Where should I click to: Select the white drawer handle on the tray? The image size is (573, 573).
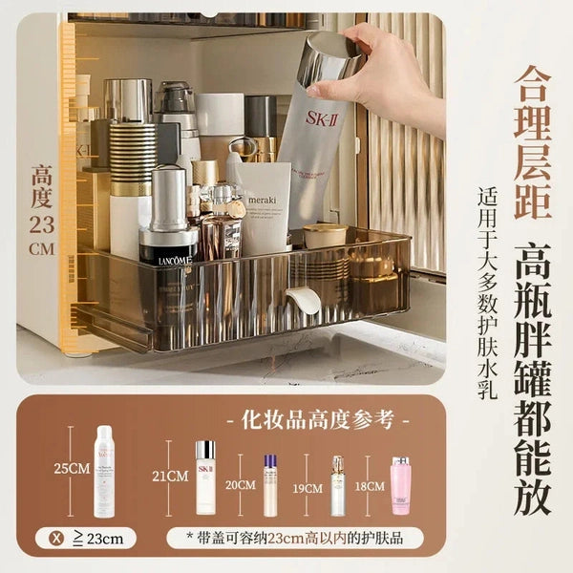[x=304, y=300]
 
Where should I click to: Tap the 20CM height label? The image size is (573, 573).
[x=240, y=484]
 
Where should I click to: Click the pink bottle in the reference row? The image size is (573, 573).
[x=400, y=486]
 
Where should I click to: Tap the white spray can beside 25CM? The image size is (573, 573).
[x=103, y=470]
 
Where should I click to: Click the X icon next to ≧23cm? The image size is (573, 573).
[x=59, y=539]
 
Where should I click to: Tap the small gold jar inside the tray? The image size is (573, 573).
[x=325, y=235]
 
